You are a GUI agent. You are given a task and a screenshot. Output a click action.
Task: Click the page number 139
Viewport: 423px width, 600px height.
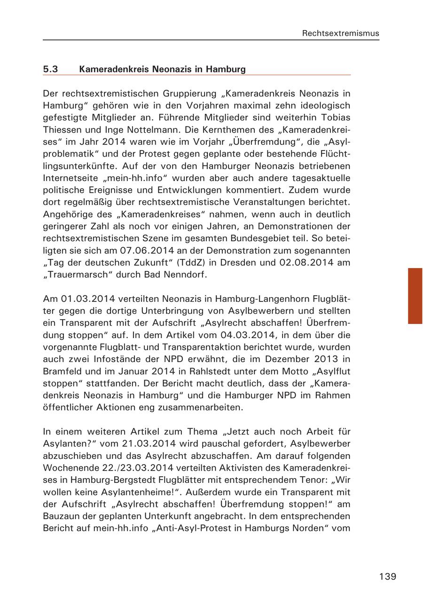[387, 576]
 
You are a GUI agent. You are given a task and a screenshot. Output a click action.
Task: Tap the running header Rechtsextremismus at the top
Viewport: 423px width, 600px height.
[340, 33]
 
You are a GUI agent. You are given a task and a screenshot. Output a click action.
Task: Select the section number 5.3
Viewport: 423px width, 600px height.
[50, 70]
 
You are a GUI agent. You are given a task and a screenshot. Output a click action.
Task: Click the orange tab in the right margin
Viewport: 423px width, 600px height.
[415, 296]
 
